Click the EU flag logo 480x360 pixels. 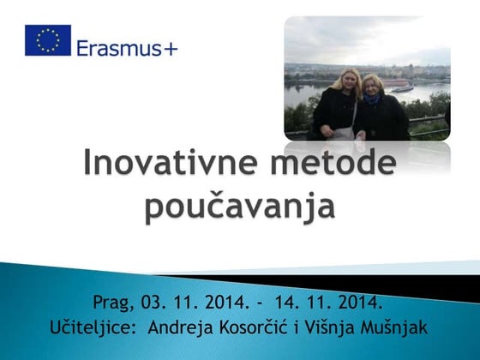pos(47,39)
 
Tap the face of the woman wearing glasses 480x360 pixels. pos(375,86)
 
